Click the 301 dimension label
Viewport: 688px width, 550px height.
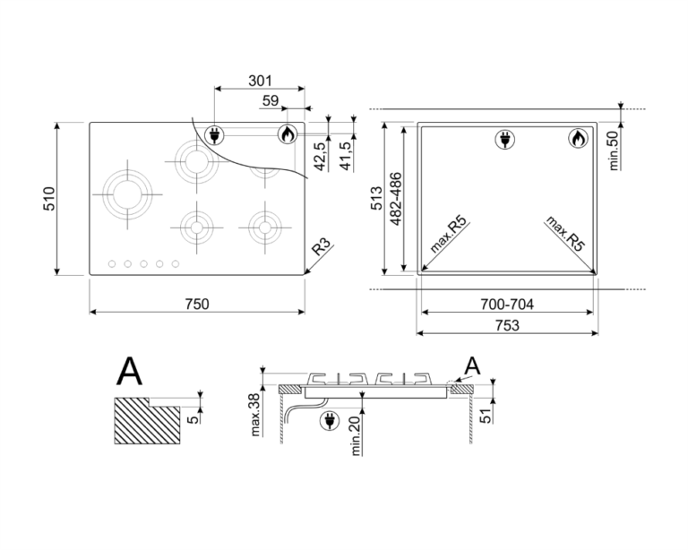pyautogui.click(x=260, y=81)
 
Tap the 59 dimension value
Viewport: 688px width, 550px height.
pyautogui.click(x=271, y=101)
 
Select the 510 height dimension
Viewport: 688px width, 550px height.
pyautogui.click(x=49, y=199)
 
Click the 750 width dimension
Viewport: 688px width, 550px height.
pyautogui.click(x=197, y=304)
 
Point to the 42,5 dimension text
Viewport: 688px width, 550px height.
pyautogui.click(x=320, y=157)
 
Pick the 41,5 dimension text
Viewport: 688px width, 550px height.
pyautogui.click(x=346, y=157)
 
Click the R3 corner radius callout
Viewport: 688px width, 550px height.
pyautogui.click(x=321, y=248)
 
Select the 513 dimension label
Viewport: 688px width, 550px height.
pyautogui.click(x=377, y=198)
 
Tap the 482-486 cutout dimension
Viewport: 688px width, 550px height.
pyautogui.click(x=396, y=199)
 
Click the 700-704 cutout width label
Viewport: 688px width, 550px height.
pyautogui.click(x=507, y=304)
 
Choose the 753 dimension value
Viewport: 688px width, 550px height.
pyautogui.click(x=507, y=325)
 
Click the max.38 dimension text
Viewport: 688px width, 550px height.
pyautogui.click(x=255, y=415)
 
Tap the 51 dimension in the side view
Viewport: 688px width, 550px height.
pyautogui.click(x=485, y=416)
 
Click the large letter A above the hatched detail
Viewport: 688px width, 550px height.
pyautogui.click(x=129, y=371)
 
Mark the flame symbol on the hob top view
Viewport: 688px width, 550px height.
pyautogui.click(x=288, y=133)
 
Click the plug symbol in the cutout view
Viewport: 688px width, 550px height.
pyautogui.click(x=504, y=140)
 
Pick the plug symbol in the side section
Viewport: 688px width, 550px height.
pyautogui.click(x=330, y=421)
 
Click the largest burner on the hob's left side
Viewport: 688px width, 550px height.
pyautogui.click(x=128, y=194)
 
